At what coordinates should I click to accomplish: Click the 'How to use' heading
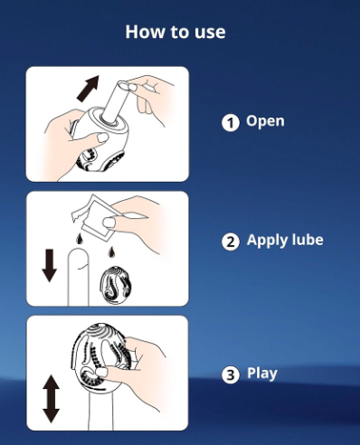pyautogui.click(x=175, y=32)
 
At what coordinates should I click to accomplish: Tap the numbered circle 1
pyautogui.click(x=231, y=123)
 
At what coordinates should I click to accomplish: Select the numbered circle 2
pyautogui.click(x=231, y=241)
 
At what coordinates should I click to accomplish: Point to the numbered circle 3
pyautogui.click(x=231, y=374)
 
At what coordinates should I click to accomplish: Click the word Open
pyautogui.click(x=265, y=121)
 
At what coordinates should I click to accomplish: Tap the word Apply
pyautogui.click(x=264, y=241)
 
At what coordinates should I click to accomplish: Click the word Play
pyautogui.click(x=262, y=374)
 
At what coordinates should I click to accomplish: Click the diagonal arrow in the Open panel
pyautogui.click(x=88, y=89)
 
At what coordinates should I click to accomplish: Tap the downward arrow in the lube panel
pyautogui.click(x=50, y=266)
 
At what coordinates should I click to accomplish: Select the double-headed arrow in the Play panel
pyautogui.click(x=51, y=399)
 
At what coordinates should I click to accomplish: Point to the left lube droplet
pyautogui.click(x=80, y=239)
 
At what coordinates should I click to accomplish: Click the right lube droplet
pyautogui.click(x=112, y=252)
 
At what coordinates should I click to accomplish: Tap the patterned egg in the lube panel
pyautogui.click(x=116, y=285)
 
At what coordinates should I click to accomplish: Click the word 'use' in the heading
pyautogui.click(x=210, y=33)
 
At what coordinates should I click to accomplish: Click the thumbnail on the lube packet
pyautogui.click(x=109, y=222)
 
